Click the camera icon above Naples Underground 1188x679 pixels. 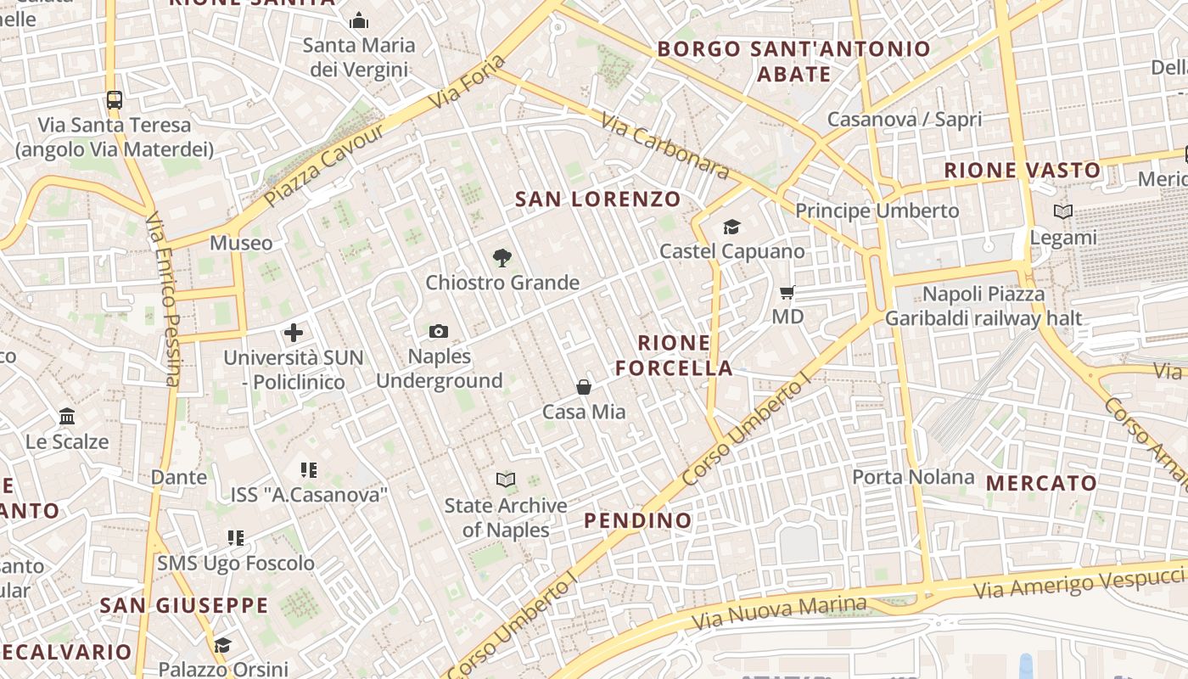439,331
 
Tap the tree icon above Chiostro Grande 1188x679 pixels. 502,258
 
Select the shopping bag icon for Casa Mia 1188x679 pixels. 584,387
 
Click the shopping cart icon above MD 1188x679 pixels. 787,292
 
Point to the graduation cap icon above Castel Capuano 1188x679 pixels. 731,227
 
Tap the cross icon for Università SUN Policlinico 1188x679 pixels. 294,333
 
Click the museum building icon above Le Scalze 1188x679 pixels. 67,417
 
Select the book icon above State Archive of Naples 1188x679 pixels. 506,480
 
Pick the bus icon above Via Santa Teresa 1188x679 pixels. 115,100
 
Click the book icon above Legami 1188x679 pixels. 1062,211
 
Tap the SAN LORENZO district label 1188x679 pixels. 598,199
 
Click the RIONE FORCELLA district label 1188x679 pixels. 674,356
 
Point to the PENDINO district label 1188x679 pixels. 638,520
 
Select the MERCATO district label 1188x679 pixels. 1041,483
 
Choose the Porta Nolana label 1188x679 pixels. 913,477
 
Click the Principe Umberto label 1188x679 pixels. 877,210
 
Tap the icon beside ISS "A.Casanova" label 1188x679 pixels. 309,469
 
